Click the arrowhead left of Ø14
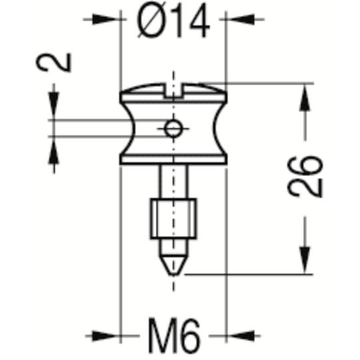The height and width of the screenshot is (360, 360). [107, 19]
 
